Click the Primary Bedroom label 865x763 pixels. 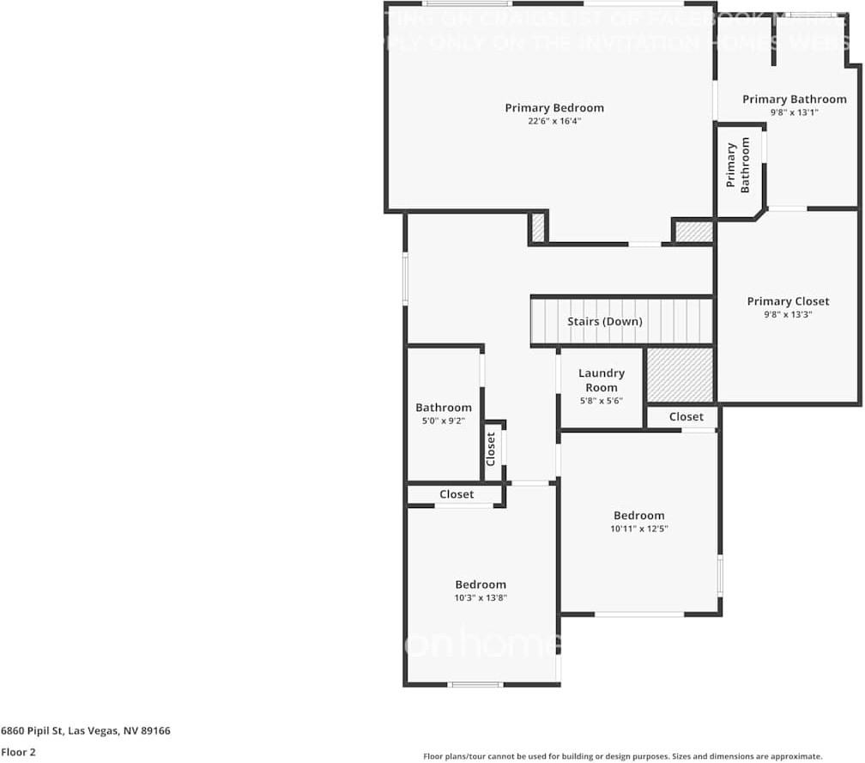554,108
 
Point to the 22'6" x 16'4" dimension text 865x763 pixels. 554,122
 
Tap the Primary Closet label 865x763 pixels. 788,301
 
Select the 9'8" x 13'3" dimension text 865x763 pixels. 788,314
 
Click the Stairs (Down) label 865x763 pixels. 605,322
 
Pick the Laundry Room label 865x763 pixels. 602,380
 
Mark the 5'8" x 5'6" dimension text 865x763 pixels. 602,401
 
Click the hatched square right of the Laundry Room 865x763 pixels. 680,374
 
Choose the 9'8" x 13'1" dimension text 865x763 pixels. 794,112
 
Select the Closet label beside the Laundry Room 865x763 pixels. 687,417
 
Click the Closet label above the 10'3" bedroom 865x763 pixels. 457,494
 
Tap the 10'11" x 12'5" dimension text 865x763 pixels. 639,530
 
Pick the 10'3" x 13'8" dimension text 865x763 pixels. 481,598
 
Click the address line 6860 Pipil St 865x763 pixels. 86,731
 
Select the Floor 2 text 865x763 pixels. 17,752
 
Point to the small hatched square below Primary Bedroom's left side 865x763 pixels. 538,227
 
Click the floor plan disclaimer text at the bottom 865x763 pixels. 623,756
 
